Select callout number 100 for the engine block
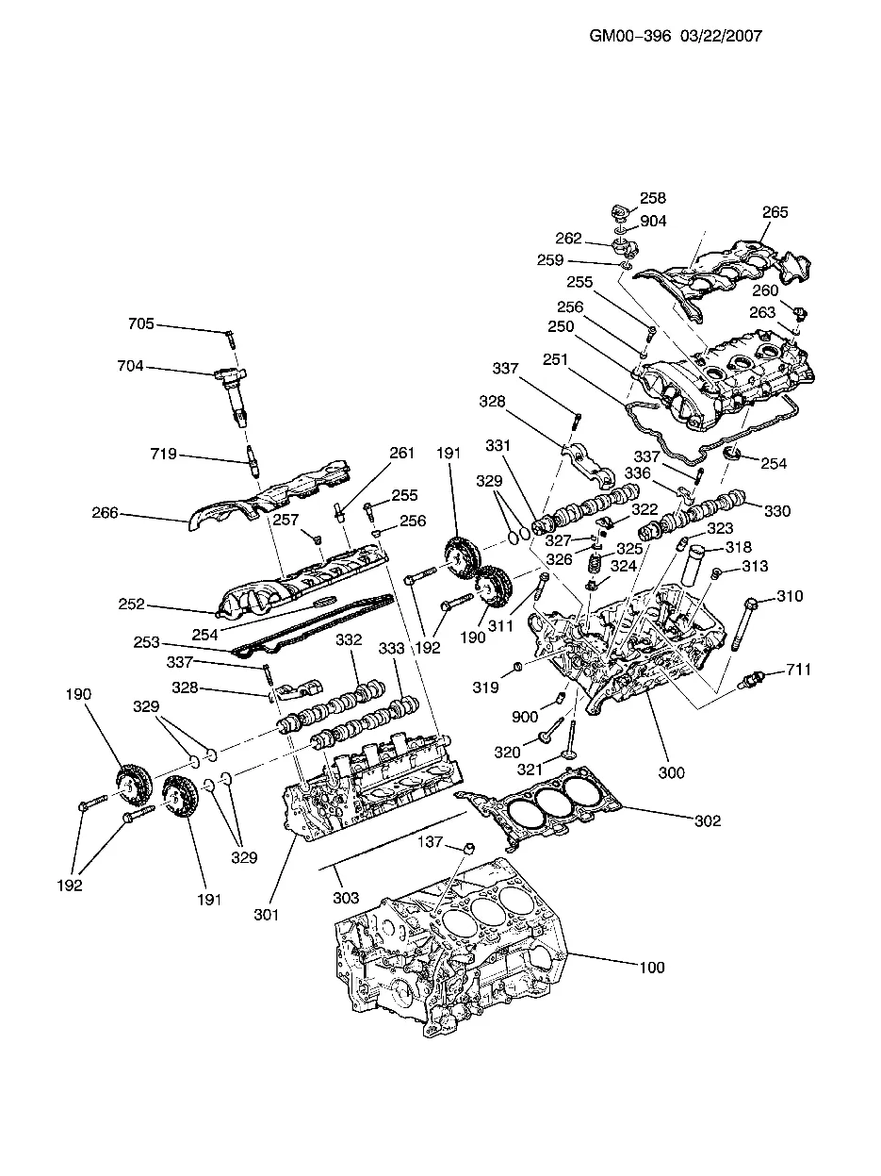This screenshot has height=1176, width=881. click(651, 968)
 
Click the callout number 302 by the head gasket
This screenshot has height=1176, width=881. click(707, 820)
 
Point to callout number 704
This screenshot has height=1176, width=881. click(131, 366)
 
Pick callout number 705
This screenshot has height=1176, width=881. click(140, 324)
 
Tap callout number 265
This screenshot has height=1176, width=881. click(775, 213)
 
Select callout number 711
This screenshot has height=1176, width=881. click(797, 670)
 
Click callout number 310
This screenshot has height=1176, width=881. click(790, 597)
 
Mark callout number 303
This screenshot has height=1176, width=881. click(346, 899)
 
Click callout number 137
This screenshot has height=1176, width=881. click(432, 843)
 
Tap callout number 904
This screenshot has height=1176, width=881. click(653, 221)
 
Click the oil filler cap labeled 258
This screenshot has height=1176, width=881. click(618, 209)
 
